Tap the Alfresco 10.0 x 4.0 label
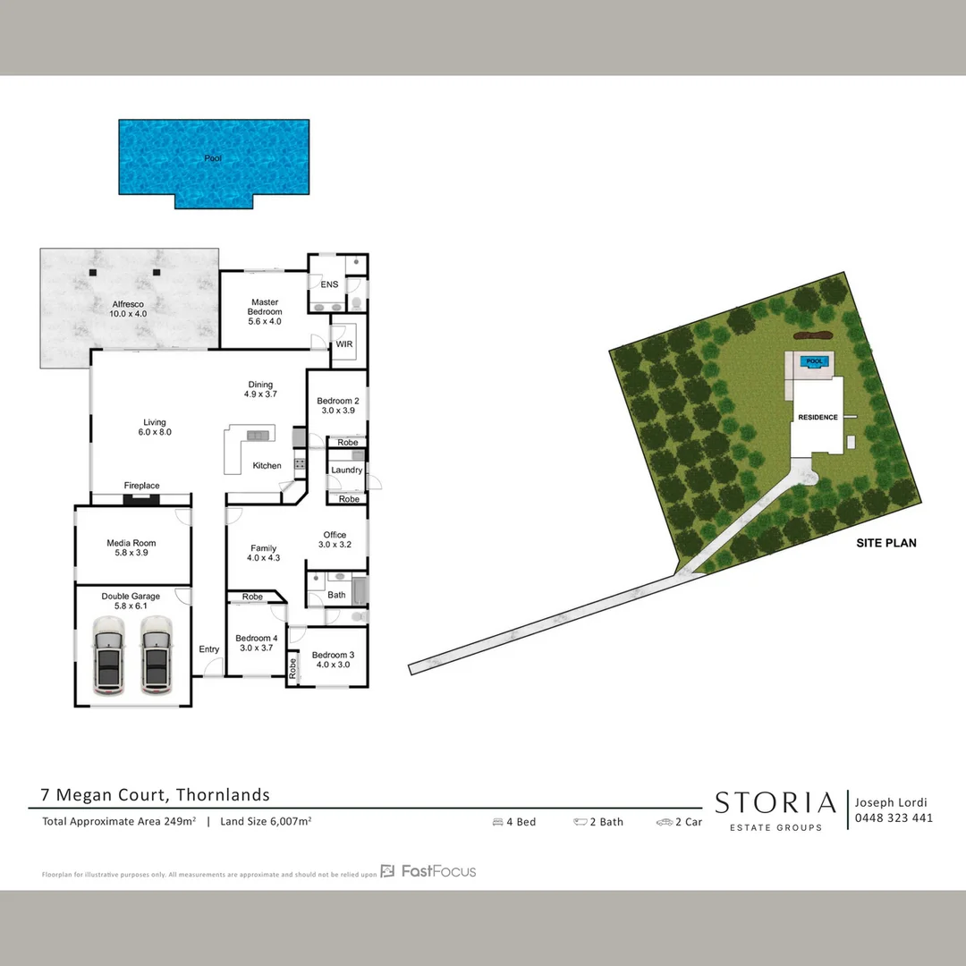point(128,309)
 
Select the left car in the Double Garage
point(107,655)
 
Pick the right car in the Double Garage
point(156,655)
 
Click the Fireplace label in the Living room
point(141,486)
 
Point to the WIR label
point(344,343)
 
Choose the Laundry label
point(346,470)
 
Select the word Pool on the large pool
point(212,158)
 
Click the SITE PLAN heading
point(885,543)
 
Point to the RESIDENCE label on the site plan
point(818,418)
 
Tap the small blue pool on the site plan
point(814,362)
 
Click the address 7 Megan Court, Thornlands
point(155,794)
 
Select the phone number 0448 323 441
point(894,818)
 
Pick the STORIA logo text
point(775,803)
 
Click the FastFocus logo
point(428,871)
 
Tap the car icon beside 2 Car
point(664,822)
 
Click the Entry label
point(209,649)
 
